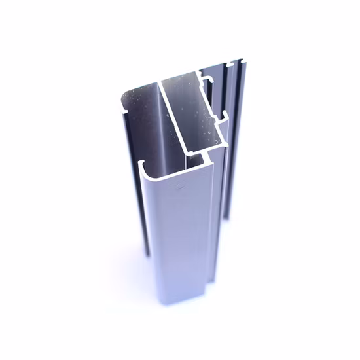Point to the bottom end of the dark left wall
[x=148, y=252]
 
